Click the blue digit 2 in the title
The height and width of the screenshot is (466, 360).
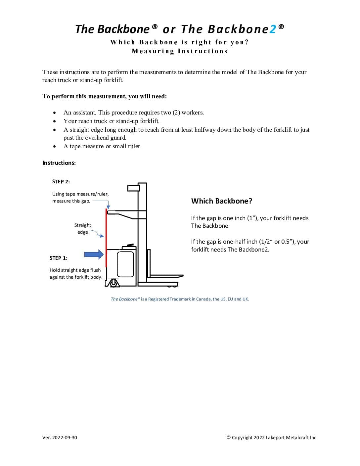coord(273,29)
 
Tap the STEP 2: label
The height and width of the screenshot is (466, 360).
coord(61,181)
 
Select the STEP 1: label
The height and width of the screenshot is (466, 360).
coord(58,258)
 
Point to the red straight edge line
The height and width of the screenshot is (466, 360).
coord(106,238)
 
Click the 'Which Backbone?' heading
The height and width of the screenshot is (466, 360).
coord(222,201)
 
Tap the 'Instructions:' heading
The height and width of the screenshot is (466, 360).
coord(59,163)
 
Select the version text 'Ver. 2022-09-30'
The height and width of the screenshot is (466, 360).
coord(60,438)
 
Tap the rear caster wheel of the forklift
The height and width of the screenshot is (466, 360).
coord(113,283)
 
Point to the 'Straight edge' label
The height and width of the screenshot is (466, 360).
coord(82,228)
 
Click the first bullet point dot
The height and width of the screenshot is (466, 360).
coord(54,113)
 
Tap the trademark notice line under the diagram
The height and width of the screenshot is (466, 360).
coord(180,299)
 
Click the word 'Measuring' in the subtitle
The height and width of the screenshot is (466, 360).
coord(153,51)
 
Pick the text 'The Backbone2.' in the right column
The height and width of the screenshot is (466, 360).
coord(248,250)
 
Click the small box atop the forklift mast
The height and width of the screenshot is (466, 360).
coord(134,188)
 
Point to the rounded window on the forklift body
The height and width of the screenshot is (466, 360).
coord(126,264)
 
